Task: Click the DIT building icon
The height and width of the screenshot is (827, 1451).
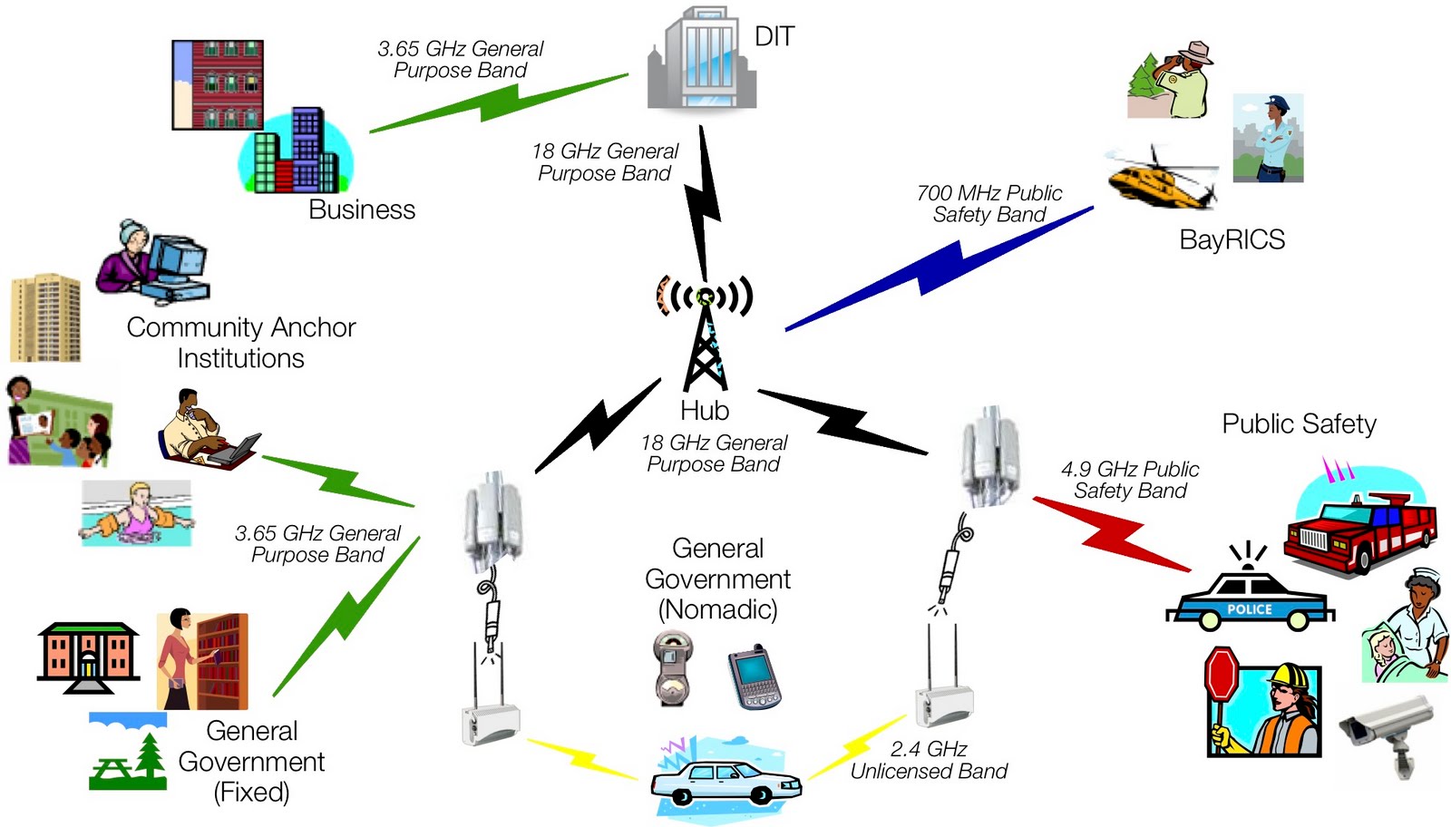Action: point(701,59)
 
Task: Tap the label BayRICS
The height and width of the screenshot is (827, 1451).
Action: point(1232,239)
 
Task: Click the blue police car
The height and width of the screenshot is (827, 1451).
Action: point(1250,602)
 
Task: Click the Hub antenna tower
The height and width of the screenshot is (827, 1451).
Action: point(705,336)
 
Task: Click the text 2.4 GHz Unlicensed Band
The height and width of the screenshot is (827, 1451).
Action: point(929,760)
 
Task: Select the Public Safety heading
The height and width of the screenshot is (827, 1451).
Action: point(1299,423)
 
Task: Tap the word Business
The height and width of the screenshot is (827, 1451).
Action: point(362,209)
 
